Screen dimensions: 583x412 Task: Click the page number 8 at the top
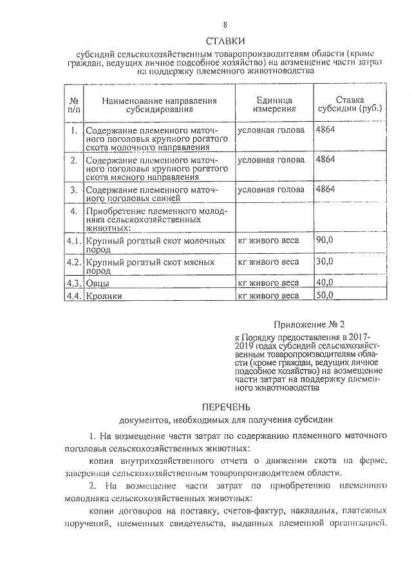225,25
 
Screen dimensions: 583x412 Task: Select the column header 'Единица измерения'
274,105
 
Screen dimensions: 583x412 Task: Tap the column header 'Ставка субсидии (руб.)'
350,104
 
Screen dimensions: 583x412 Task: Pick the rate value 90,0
325,240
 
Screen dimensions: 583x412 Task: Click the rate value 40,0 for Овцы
325,282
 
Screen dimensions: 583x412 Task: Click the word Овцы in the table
97,283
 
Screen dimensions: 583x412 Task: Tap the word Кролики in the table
104,296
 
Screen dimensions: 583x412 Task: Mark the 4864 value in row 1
326,130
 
